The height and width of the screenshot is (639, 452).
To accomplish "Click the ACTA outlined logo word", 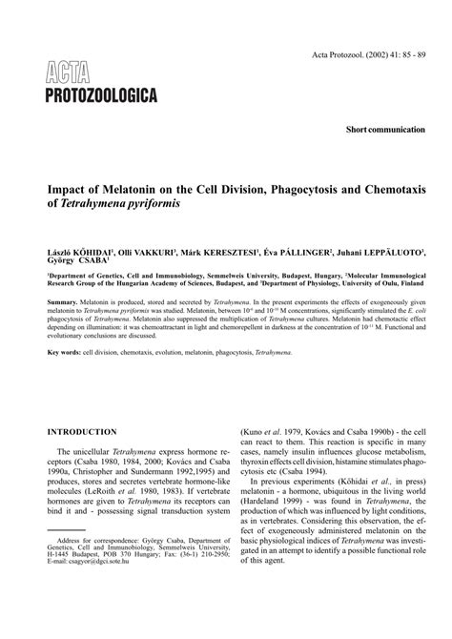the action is [69, 70].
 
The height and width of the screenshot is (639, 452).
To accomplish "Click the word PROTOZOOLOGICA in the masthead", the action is [99, 93].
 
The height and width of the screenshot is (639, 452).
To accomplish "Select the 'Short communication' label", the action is [385, 127].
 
